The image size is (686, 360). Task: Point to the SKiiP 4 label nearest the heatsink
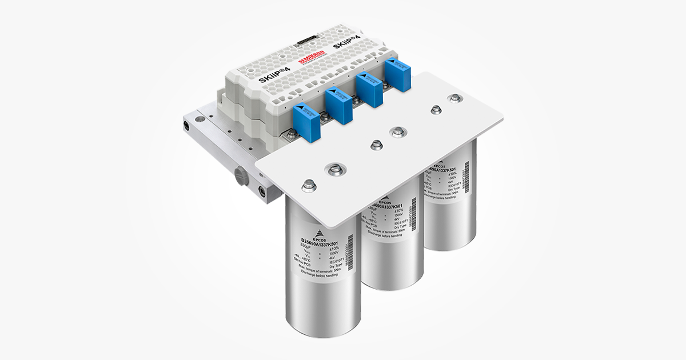pos(275,75)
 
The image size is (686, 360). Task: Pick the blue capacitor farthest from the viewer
pos(397,74)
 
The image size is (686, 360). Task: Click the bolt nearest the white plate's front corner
pos(308,185)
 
